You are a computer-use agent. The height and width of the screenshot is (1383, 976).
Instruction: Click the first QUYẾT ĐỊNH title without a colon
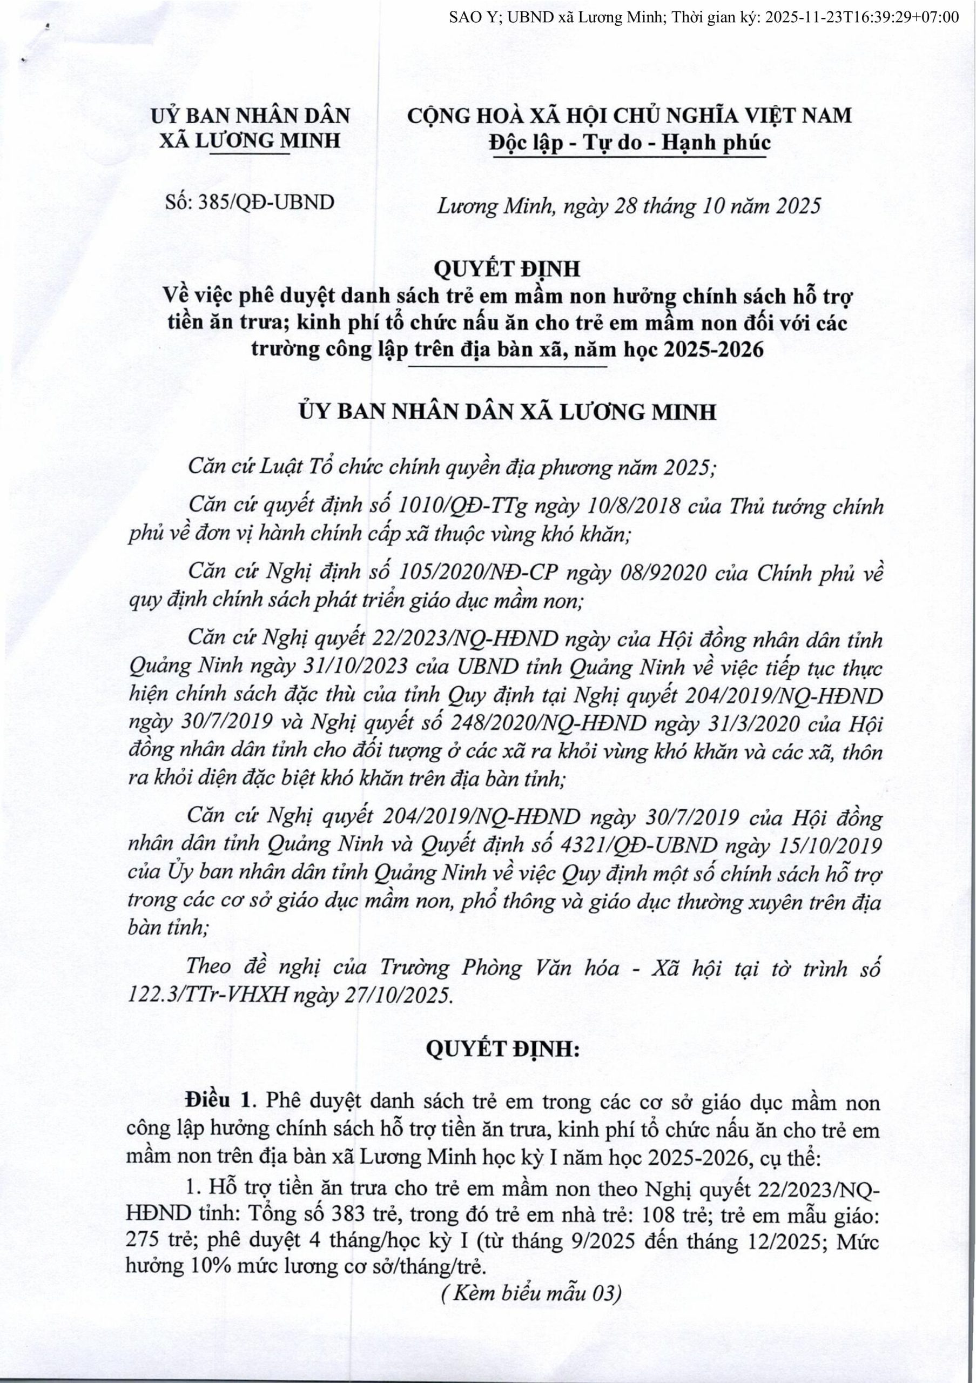(x=507, y=268)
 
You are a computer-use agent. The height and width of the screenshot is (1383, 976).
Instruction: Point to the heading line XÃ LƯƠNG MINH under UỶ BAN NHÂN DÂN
(x=250, y=141)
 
